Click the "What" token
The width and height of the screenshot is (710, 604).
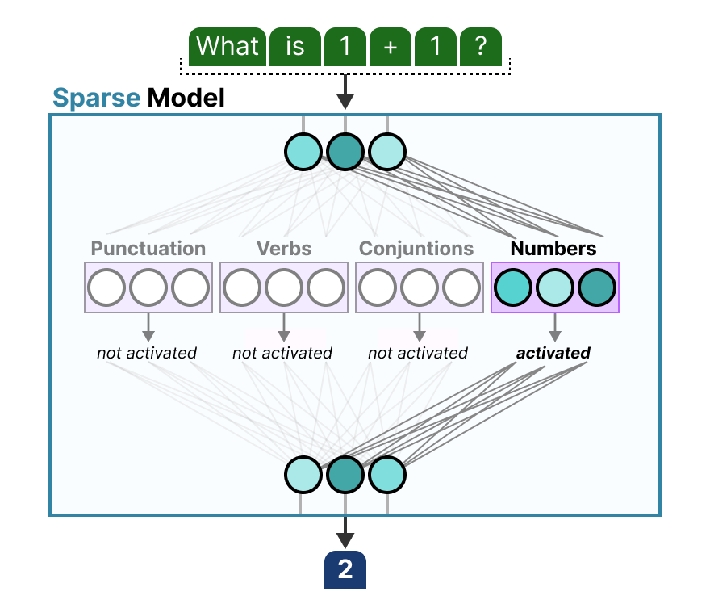227,47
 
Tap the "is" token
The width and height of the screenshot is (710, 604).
295,47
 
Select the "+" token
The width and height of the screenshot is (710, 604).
390,47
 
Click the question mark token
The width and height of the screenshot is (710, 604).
481,47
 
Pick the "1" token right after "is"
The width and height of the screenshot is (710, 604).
345,47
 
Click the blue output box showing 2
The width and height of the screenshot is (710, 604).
345,570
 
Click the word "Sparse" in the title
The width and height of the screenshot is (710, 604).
96,99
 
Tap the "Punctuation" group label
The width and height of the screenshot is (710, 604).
148,248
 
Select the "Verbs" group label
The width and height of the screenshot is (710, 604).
283,248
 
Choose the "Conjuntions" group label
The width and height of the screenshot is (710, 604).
416,248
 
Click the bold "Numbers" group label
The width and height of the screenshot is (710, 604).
553,248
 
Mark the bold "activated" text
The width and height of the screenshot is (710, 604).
553,353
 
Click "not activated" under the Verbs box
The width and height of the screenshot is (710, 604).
282,353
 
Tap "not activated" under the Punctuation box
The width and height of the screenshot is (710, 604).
147,353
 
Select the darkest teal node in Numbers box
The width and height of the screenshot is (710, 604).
597,287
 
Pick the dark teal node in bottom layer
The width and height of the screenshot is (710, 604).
345,475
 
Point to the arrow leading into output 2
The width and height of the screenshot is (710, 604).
345,534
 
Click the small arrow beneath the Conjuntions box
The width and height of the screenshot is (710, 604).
419,326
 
